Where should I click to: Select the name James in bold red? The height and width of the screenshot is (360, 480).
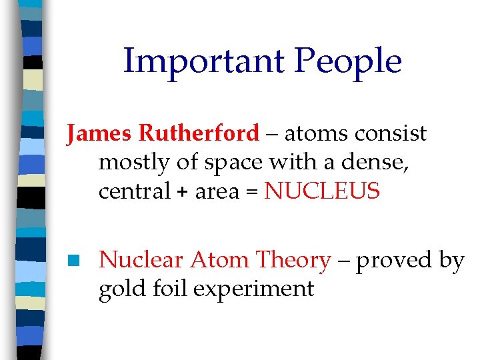(99, 133)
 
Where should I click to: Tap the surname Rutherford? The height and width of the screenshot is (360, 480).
(198, 133)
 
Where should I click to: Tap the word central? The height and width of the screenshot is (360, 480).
(135, 191)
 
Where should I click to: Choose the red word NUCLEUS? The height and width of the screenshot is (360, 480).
(323, 191)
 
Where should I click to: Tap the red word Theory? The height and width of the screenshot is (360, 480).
(294, 260)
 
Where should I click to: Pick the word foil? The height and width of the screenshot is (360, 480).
(161, 289)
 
